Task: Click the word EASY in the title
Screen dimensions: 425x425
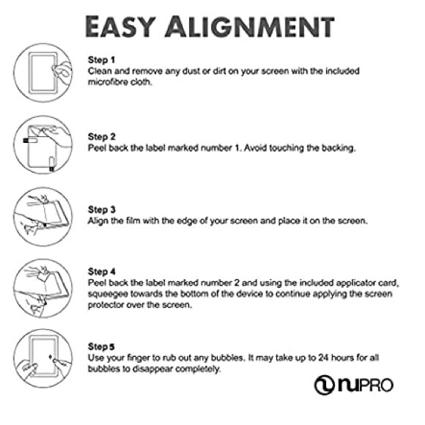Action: click(x=121, y=26)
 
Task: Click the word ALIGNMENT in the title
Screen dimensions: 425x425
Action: click(x=250, y=26)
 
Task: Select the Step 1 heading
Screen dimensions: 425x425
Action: click(x=101, y=60)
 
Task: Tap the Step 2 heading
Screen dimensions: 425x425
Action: click(x=102, y=137)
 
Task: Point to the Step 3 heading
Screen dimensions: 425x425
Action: click(x=102, y=210)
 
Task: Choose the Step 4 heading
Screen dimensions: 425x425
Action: click(x=102, y=272)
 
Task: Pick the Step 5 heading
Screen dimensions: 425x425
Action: click(x=101, y=347)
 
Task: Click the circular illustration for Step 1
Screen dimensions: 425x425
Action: click(x=43, y=73)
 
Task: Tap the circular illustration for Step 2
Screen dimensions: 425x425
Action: click(x=43, y=145)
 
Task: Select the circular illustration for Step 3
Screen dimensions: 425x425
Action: click(x=43, y=217)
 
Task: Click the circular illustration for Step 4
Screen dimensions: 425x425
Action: click(x=43, y=288)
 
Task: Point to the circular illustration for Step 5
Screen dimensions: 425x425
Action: click(x=43, y=358)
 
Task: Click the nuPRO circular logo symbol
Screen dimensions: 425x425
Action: click(x=325, y=385)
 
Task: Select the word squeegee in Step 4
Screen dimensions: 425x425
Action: click(x=108, y=295)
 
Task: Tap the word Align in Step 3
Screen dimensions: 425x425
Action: click(x=97, y=221)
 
